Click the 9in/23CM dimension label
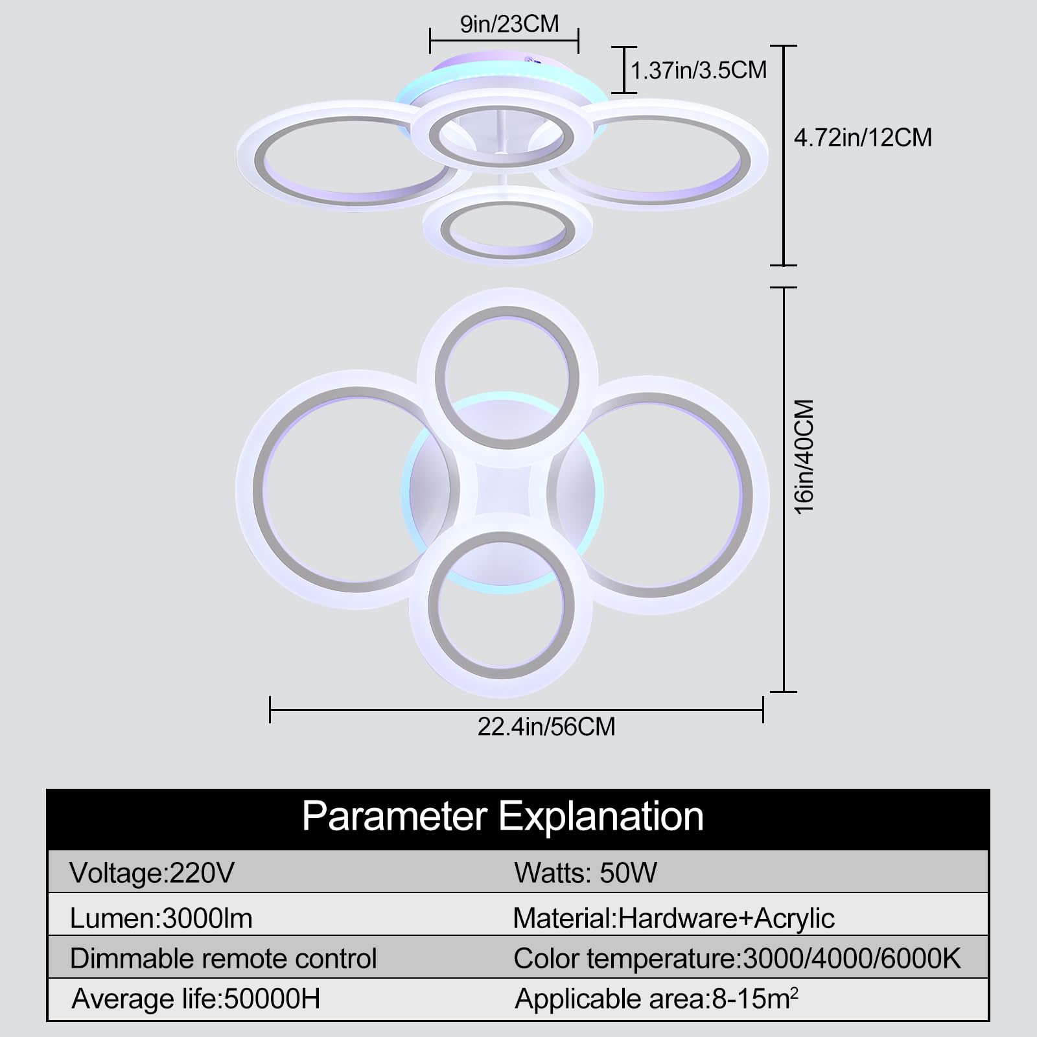(x=509, y=24)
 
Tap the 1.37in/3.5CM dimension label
(x=699, y=70)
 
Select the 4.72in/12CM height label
(x=863, y=137)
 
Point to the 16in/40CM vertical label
(x=804, y=456)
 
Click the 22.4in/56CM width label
(x=546, y=727)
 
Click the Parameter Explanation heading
(x=502, y=817)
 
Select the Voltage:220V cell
(x=152, y=873)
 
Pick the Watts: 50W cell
(x=585, y=873)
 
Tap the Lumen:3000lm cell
(x=161, y=918)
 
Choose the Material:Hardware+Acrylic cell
(x=673, y=918)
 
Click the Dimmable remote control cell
(x=223, y=959)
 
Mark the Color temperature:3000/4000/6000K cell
(x=737, y=959)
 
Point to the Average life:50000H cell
(x=196, y=999)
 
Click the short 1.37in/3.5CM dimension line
(x=625, y=69)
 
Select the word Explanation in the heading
(x=601, y=817)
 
